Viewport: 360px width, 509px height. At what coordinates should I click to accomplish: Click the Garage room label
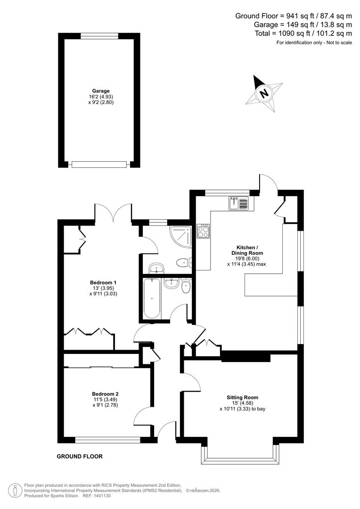[x=101, y=91]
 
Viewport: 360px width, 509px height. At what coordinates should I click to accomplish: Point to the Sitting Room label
[x=242, y=397]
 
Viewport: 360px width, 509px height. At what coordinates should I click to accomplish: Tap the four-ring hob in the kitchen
[x=204, y=231]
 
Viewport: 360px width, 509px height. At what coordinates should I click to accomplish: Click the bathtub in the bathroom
[x=152, y=298]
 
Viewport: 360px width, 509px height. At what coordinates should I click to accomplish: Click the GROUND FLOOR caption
[x=80, y=456]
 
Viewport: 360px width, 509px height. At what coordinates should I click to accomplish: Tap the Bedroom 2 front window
[x=107, y=441]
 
